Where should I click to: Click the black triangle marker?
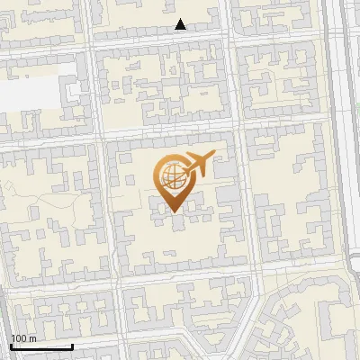coord(181,24)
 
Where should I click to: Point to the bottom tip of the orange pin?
coord(172,212)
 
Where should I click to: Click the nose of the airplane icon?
coord(213,156)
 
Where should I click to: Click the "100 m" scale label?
coord(23,338)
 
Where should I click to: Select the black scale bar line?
coord(41,346)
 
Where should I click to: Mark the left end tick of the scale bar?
coord(11,346)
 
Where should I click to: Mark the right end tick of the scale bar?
coord(72,346)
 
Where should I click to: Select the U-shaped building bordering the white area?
coord(76,94)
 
